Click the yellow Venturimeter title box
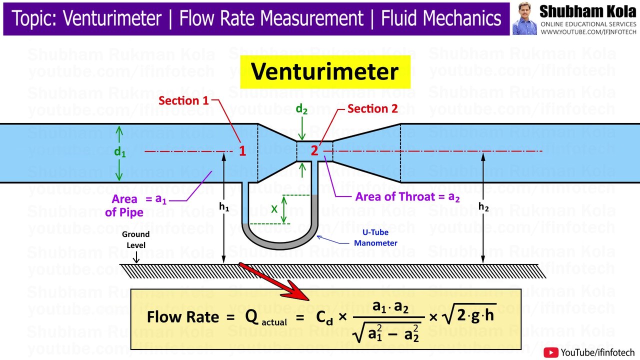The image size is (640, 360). (324, 71)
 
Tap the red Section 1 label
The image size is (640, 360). (183, 100)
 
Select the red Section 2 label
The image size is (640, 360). (372, 108)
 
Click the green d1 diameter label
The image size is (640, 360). (120, 152)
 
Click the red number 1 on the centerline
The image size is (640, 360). (242, 150)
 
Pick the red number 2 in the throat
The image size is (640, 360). (314, 150)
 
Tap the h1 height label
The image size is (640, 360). (223, 206)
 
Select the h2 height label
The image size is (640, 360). (483, 206)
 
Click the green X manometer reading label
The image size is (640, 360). (274, 209)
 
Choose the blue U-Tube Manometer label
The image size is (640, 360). (375, 237)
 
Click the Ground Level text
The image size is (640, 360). (135, 239)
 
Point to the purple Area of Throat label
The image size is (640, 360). (407, 196)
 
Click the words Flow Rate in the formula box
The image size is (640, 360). (183, 317)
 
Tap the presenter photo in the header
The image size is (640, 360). (524, 18)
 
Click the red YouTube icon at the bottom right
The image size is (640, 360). (551, 352)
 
